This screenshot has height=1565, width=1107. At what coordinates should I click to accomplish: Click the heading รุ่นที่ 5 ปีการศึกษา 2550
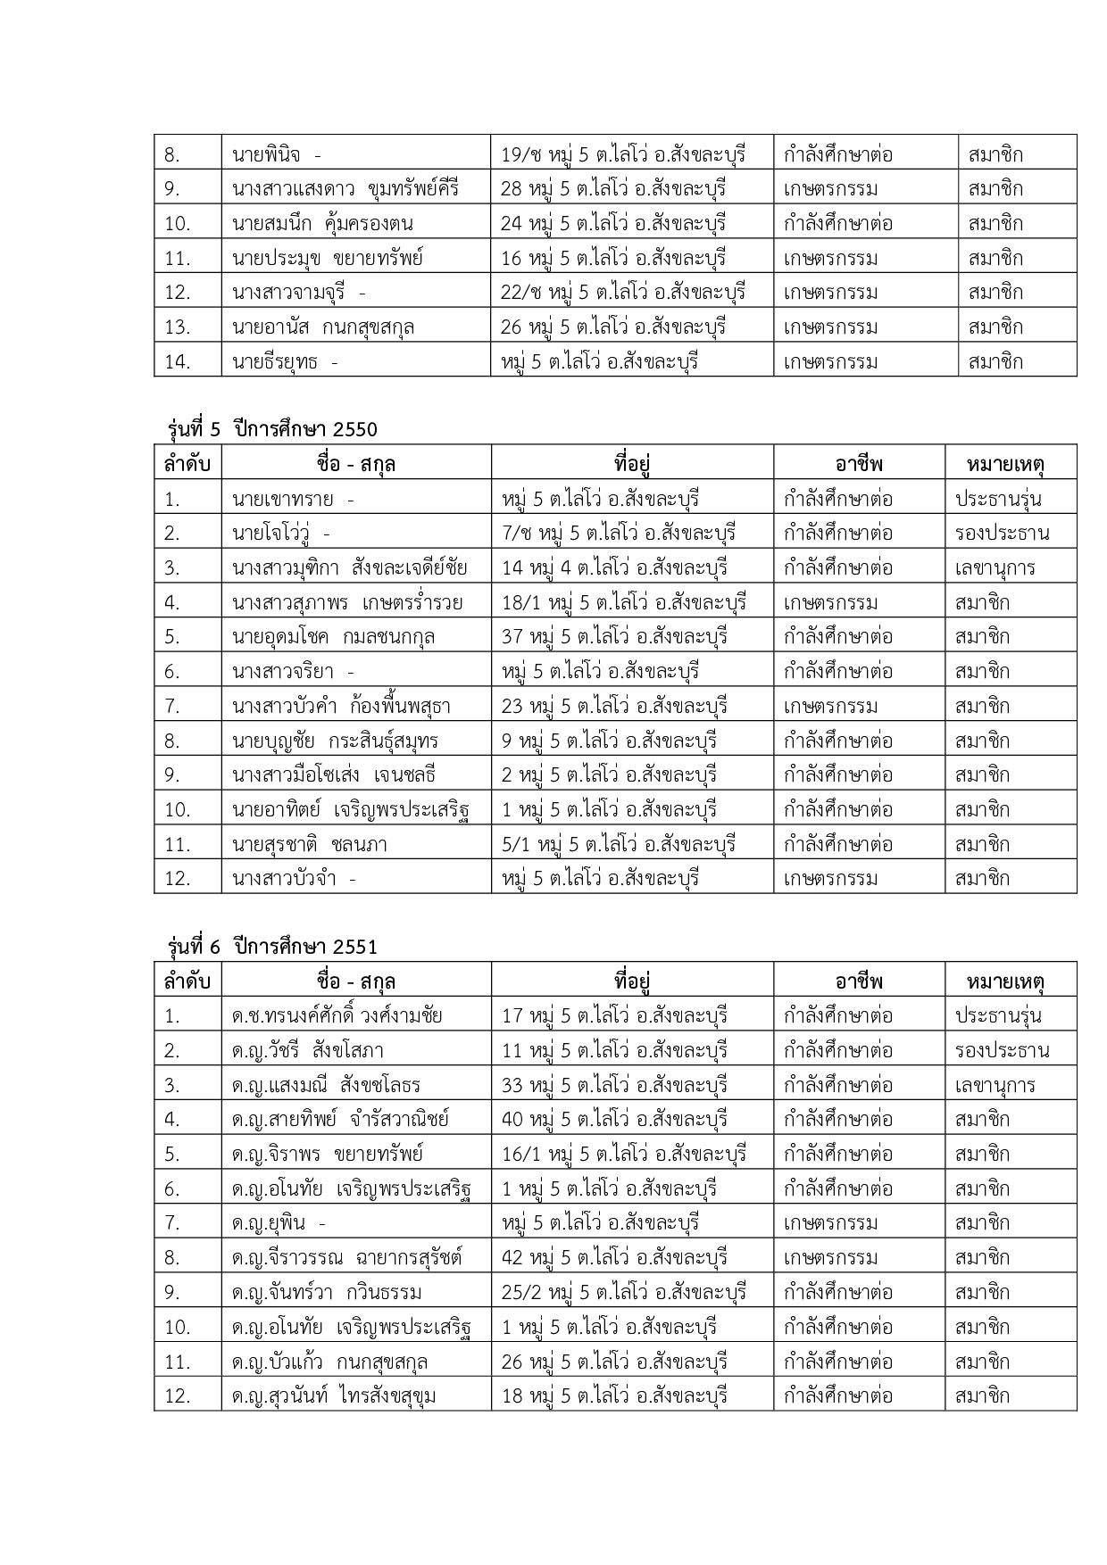point(272,429)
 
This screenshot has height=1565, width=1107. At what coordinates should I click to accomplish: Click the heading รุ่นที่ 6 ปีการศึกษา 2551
point(272,946)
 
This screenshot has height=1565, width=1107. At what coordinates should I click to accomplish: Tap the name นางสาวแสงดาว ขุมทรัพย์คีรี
point(345,189)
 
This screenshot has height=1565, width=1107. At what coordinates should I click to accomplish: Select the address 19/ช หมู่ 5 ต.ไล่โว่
point(623,154)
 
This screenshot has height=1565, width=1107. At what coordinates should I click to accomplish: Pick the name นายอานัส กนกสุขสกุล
point(322,327)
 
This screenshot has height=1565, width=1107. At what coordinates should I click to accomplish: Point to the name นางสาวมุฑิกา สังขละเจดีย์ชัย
point(349,567)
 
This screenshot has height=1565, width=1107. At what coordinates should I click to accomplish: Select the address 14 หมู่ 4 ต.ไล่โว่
point(614,567)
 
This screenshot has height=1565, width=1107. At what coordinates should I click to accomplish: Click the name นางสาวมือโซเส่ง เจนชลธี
point(333,774)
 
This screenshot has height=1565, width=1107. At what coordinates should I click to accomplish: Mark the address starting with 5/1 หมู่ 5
point(619,844)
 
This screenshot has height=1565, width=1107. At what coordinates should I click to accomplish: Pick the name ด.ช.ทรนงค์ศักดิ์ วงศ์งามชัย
point(337,1016)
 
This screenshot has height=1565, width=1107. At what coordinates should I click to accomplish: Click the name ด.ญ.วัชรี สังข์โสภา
point(307,1051)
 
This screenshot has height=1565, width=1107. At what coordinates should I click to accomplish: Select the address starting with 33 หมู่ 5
point(614,1086)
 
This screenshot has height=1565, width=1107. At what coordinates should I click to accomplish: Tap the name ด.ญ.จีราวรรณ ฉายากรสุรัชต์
point(346,1258)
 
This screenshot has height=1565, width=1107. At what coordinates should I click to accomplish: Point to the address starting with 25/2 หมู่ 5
point(623,1293)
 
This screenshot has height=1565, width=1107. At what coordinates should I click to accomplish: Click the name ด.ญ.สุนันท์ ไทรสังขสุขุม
point(333,1395)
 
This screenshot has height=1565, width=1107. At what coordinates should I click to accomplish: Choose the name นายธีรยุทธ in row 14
point(284,362)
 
